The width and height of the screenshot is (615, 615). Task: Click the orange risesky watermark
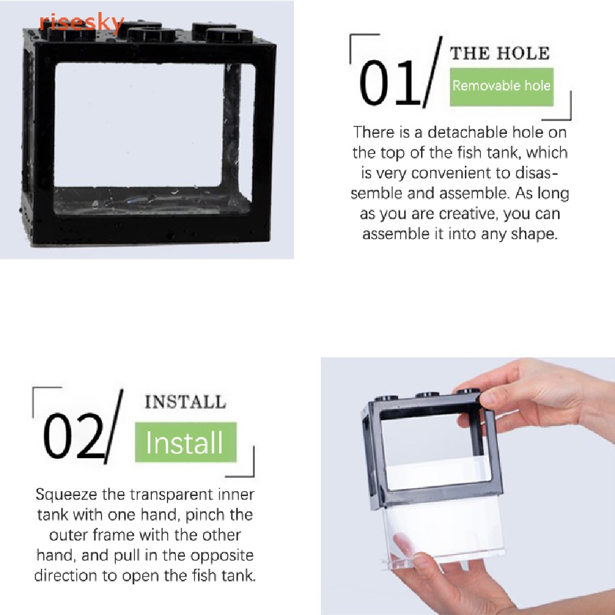[x=82, y=23]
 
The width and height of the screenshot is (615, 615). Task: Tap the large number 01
[x=389, y=82]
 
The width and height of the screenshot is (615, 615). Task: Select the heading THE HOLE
[x=500, y=53]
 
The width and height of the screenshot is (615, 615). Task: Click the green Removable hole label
[x=501, y=86]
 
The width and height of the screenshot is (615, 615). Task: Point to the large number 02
[x=74, y=435]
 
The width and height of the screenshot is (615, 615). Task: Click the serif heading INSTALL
[x=186, y=402]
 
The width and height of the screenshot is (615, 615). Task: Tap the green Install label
[x=186, y=443]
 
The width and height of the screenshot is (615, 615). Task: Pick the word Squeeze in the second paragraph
[x=66, y=495]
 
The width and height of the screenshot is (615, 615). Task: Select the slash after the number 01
[x=432, y=72]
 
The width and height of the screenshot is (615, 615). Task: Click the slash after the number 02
[x=114, y=426]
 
